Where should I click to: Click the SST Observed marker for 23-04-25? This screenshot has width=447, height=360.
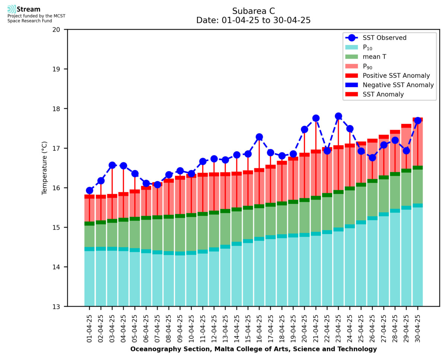pyautogui.click(x=339, y=116)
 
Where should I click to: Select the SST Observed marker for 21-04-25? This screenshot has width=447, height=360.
pyautogui.click(x=316, y=118)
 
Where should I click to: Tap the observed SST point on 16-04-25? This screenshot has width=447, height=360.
pyautogui.click(x=259, y=137)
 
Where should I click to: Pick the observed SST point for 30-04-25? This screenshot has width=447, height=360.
pyautogui.click(x=418, y=121)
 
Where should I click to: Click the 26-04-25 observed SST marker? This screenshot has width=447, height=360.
pyautogui.click(x=372, y=158)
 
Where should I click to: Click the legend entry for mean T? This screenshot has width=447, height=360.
pyautogui.click(x=374, y=57)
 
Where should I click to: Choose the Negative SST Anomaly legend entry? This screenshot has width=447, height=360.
pyautogui.click(x=398, y=85)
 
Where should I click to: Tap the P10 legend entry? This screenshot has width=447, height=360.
pyautogui.click(x=368, y=47)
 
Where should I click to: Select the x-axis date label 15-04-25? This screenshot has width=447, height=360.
pyautogui.click(x=248, y=328)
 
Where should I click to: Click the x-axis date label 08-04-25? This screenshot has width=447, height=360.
pyautogui.click(x=169, y=328)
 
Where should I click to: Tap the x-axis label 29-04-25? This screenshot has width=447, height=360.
pyautogui.click(x=406, y=328)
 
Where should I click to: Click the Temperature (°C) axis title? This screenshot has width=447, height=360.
pyautogui.click(x=45, y=168)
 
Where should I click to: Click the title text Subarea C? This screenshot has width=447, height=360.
pyautogui.click(x=253, y=11)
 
